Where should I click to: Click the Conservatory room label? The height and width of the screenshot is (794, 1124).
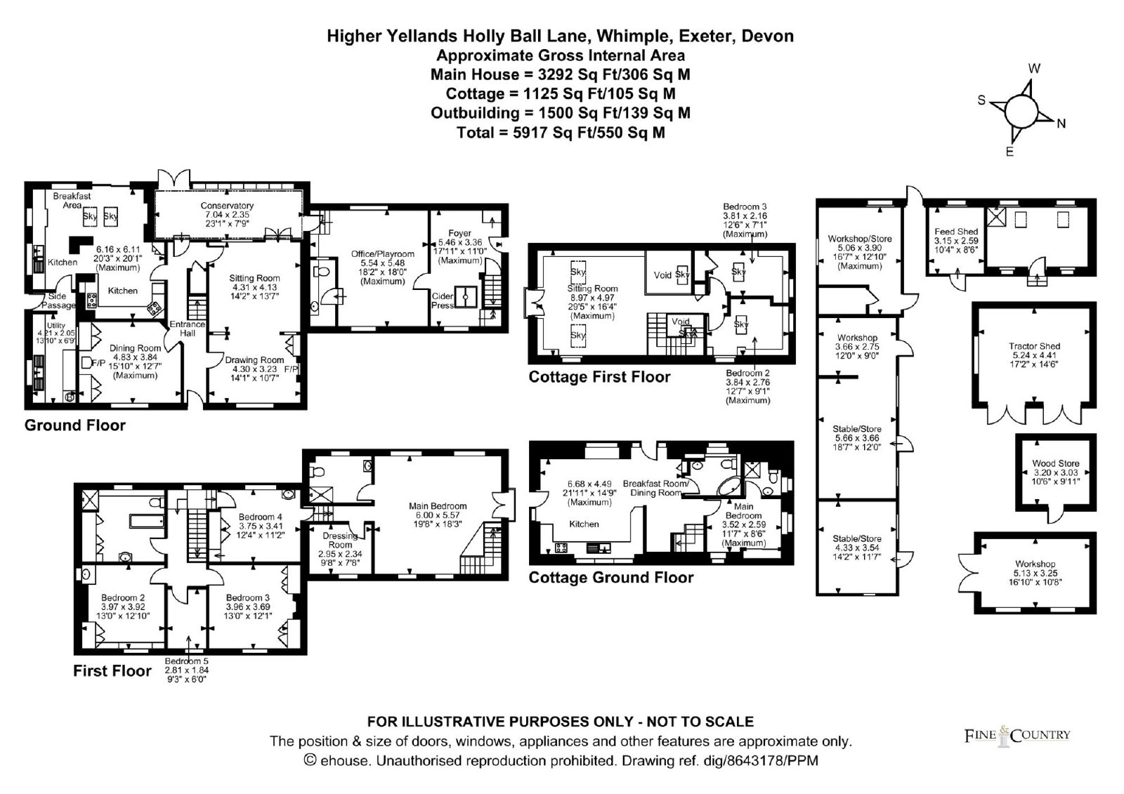pyautogui.click(x=227, y=206)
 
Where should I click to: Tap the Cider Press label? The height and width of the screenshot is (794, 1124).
pyautogui.click(x=442, y=301)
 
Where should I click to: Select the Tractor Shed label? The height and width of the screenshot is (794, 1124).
pyautogui.click(x=1034, y=346)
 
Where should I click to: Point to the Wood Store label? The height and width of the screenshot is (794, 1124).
pyautogui.click(x=1055, y=463)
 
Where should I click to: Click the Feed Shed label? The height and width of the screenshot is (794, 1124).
pyautogui.click(x=956, y=232)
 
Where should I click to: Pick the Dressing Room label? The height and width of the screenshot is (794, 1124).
pyautogui.click(x=341, y=541)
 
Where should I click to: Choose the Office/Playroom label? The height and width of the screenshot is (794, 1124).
pyautogui.click(x=383, y=254)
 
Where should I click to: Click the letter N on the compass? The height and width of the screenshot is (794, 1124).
pyautogui.click(x=1061, y=124)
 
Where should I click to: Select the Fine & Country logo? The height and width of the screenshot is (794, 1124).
pyautogui.click(x=1017, y=734)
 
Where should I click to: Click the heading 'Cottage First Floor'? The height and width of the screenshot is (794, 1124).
pyautogui.click(x=599, y=377)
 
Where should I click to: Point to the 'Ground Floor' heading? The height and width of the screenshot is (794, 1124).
pyautogui.click(x=75, y=425)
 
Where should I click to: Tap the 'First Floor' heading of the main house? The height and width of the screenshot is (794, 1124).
pyautogui.click(x=112, y=671)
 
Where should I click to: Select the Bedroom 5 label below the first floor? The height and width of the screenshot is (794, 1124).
pyautogui.click(x=186, y=661)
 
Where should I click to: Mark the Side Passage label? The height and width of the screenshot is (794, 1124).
pyautogui.click(x=58, y=300)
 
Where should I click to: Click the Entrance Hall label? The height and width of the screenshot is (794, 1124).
pyautogui.click(x=188, y=329)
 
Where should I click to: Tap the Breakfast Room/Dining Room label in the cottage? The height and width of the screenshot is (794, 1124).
pyautogui.click(x=655, y=488)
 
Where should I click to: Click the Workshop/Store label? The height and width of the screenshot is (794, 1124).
pyautogui.click(x=860, y=239)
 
